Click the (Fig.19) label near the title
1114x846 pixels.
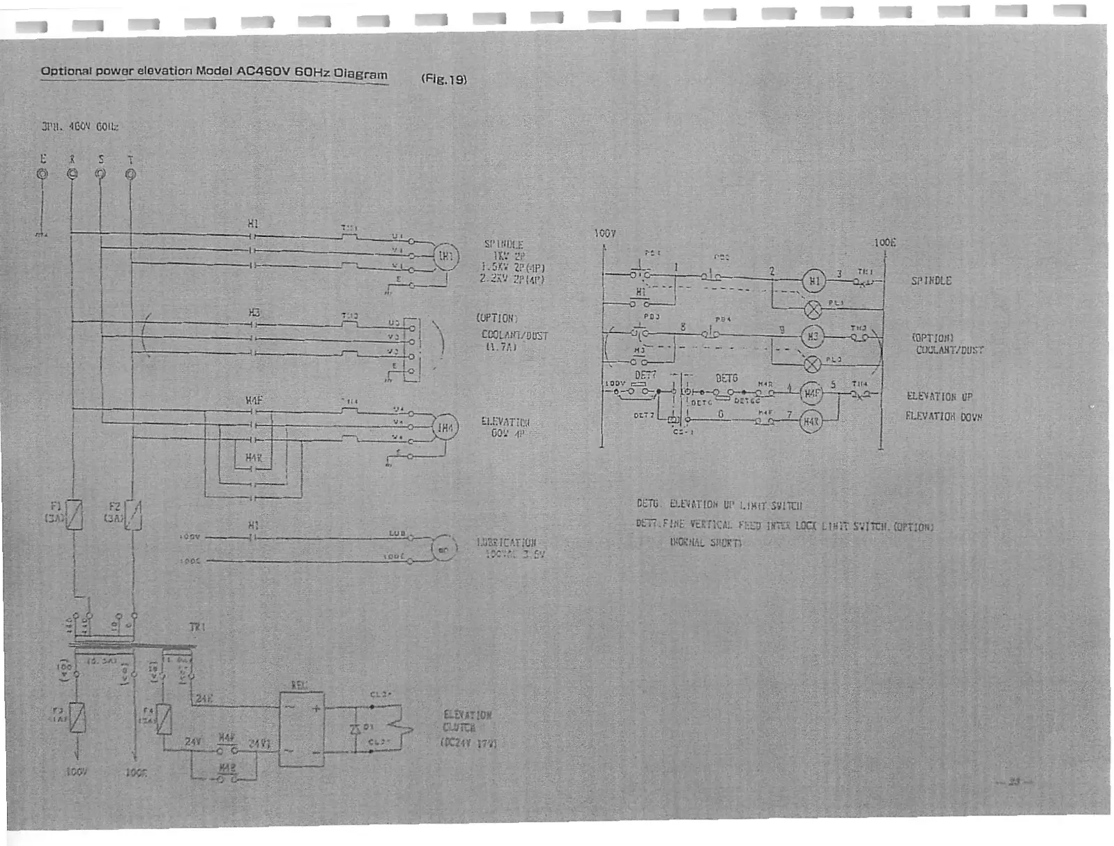(443, 79)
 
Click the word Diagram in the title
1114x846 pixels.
(360, 74)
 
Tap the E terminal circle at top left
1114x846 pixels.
(43, 174)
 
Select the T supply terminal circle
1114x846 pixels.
(130, 174)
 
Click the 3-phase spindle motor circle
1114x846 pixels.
(445, 256)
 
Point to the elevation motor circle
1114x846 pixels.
(445, 427)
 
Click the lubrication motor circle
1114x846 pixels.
(443, 549)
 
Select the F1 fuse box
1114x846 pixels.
(74, 516)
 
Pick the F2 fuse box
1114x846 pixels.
(133, 516)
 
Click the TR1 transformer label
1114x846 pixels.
(197, 627)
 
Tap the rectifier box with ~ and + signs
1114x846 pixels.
(301, 729)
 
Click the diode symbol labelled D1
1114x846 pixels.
(355, 728)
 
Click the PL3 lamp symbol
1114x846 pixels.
(812, 364)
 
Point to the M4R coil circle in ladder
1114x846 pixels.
(811, 422)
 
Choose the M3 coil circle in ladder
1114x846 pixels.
(812, 337)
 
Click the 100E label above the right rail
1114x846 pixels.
(885, 243)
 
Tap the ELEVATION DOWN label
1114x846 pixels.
(943, 417)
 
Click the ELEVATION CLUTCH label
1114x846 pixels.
(468, 721)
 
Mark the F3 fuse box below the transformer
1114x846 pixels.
(77, 718)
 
